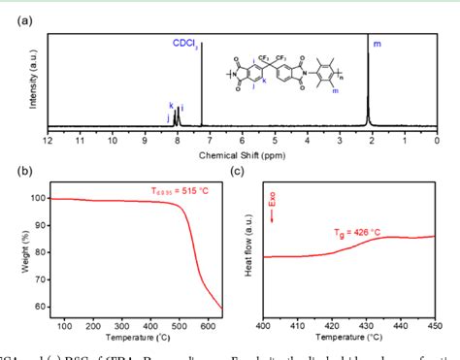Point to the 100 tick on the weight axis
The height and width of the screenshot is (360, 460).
pyautogui.click(x=36, y=198)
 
